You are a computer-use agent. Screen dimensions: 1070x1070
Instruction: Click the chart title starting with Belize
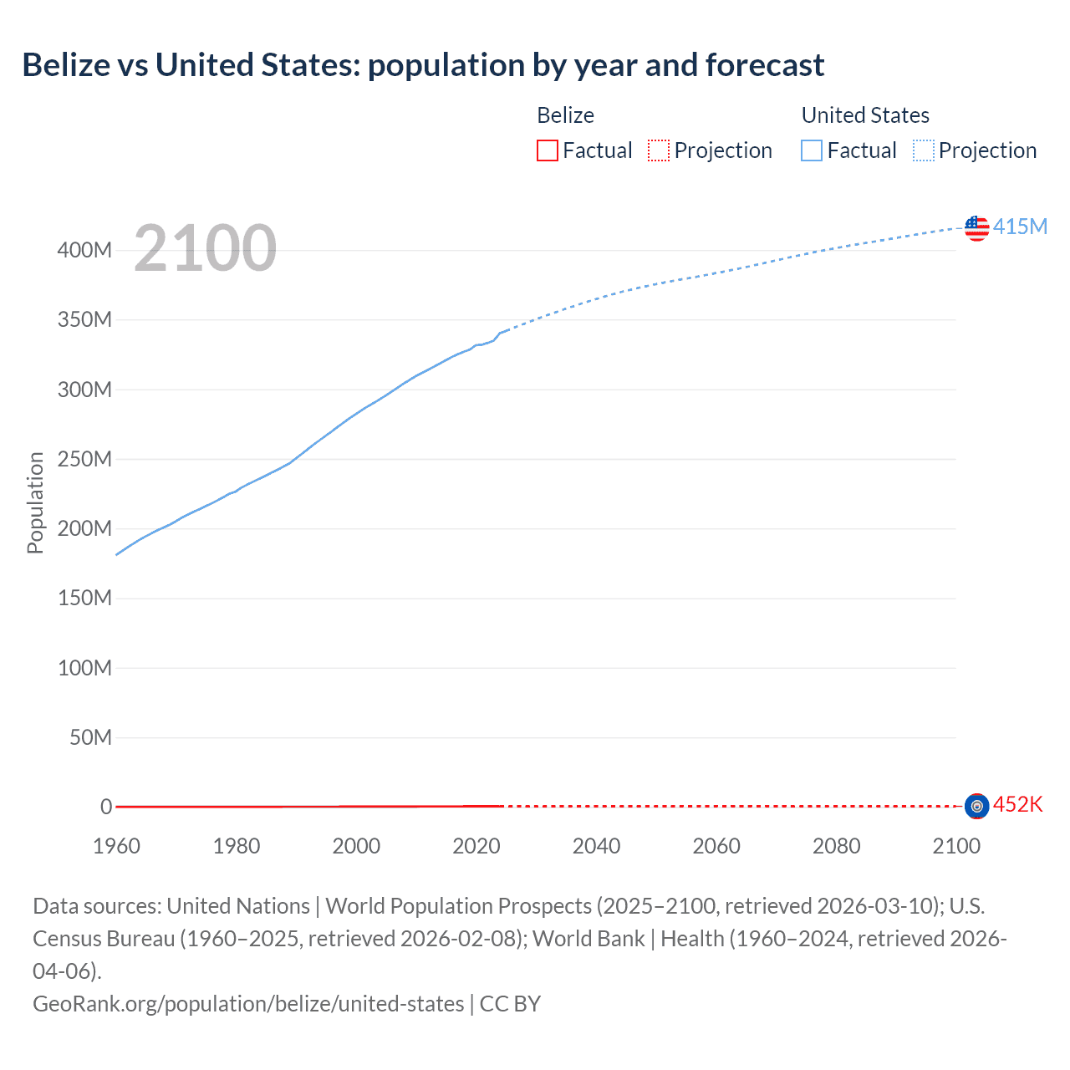[423, 65]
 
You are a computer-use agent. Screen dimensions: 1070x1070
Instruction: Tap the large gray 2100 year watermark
[205, 247]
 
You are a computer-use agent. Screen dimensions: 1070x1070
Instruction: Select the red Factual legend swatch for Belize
[547, 150]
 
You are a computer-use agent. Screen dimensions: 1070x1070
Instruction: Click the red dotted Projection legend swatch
[659, 150]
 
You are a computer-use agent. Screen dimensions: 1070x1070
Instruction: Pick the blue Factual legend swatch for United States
[811, 150]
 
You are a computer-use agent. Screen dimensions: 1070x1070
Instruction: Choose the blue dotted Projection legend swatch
[923, 150]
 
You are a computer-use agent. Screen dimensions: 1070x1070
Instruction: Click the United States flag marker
[976, 227]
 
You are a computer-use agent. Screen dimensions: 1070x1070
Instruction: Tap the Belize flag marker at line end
[976, 806]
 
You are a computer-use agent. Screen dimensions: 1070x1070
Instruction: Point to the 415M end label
[1020, 227]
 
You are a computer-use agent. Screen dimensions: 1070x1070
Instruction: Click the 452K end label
[1017, 805]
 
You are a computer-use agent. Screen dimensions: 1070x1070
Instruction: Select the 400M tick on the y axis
[84, 251]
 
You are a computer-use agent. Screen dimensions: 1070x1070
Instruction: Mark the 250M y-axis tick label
[84, 459]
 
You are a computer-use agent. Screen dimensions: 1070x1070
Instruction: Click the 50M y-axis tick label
[90, 737]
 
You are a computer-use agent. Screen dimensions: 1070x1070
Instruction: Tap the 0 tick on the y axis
[106, 807]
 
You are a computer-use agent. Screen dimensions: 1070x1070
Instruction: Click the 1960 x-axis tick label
[116, 846]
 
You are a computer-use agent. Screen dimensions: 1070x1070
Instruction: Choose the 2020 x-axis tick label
[476, 846]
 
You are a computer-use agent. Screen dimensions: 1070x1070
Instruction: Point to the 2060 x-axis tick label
[716, 846]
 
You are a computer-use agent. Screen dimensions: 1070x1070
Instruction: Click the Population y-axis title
[35, 502]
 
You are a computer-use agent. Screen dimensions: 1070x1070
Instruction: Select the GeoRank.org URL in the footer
[248, 1003]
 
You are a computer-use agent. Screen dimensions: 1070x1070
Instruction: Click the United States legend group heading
[865, 115]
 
